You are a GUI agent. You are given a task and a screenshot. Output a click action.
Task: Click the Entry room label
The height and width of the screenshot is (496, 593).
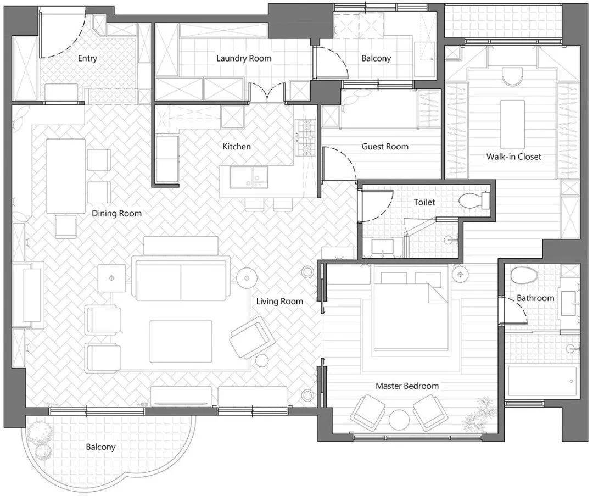87,58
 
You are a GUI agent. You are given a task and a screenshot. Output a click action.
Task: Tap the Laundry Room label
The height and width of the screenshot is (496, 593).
244,58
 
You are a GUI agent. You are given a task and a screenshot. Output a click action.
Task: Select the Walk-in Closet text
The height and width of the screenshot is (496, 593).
513,156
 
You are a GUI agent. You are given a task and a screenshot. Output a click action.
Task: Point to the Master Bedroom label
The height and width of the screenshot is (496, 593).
407,386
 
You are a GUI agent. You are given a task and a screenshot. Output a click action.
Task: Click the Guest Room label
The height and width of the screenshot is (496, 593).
385,147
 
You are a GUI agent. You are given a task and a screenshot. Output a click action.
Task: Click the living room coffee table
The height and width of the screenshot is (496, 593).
181,341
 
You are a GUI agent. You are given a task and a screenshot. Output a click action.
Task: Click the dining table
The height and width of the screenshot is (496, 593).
66,176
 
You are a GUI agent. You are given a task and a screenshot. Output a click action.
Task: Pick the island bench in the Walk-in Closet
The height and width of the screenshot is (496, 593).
512,124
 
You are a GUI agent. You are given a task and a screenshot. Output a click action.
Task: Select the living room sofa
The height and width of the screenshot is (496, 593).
181,278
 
